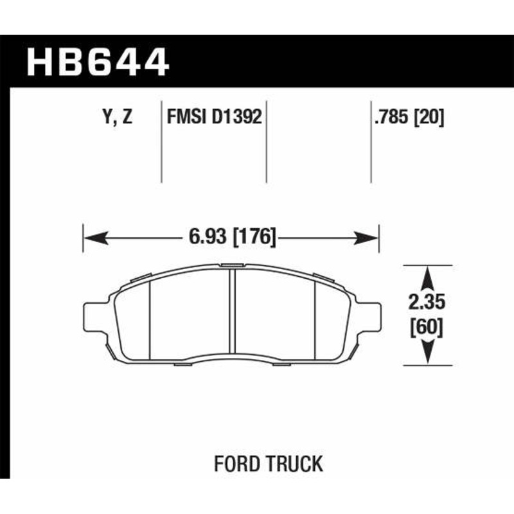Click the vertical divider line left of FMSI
click(161, 141)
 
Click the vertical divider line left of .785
click(371, 141)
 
